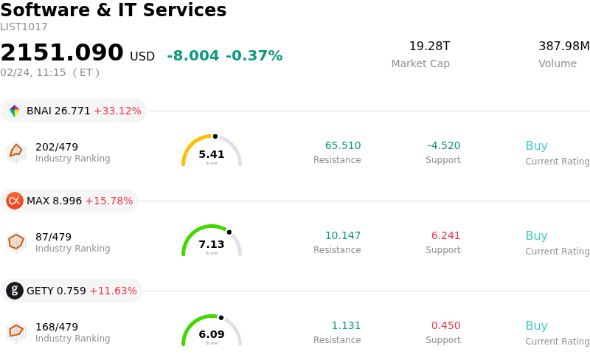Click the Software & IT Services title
click(x=114, y=11)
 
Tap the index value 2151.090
click(x=62, y=53)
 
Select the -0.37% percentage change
click(x=254, y=56)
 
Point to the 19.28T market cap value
click(x=429, y=46)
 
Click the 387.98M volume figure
click(x=563, y=46)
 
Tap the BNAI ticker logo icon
click(x=15, y=111)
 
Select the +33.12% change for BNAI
click(x=117, y=111)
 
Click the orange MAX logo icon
click(x=15, y=201)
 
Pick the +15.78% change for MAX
click(x=109, y=201)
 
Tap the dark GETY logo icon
click(x=15, y=291)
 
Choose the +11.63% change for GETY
click(x=113, y=291)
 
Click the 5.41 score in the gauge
click(x=212, y=154)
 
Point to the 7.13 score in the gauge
click(x=212, y=244)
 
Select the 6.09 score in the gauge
click(x=212, y=334)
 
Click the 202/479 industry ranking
click(x=57, y=147)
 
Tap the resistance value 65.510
click(x=343, y=146)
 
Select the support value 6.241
click(x=445, y=236)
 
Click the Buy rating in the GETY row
click(x=536, y=326)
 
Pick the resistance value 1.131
click(x=346, y=326)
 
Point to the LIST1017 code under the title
click(x=24, y=27)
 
